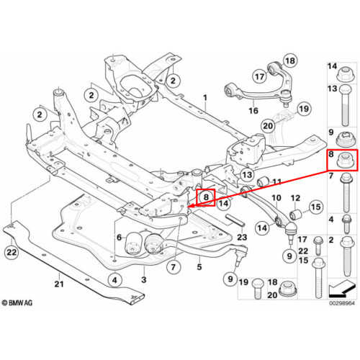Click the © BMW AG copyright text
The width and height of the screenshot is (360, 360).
(x=17, y=303)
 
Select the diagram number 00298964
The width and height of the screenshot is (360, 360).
(x=342, y=303)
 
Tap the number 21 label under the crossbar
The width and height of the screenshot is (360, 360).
(x=59, y=284)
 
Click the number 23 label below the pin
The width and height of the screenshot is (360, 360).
(x=242, y=237)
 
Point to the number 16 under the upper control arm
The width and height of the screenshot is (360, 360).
(x=253, y=111)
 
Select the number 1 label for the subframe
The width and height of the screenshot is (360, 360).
(x=205, y=98)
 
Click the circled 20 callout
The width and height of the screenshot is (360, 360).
(x=268, y=126)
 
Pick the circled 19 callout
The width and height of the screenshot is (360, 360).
(x=304, y=109)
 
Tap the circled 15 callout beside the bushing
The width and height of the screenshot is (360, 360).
(x=316, y=207)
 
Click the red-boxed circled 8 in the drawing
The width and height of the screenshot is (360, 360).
(x=206, y=197)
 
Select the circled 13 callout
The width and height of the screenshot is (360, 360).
(x=247, y=175)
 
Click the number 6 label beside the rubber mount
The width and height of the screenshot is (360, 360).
(x=120, y=238)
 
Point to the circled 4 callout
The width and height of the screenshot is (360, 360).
(x=115, y=280)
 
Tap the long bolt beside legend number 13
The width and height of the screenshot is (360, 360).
(x=345, y=105)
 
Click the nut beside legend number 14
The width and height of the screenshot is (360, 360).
(x=346, y=73)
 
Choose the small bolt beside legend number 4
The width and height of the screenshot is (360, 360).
(x=346, y=224)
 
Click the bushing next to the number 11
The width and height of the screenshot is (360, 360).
(x=263, y=182)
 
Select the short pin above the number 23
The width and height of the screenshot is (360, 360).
(x=235, y=220)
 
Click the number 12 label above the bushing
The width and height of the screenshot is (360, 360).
(x=295, y=198)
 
